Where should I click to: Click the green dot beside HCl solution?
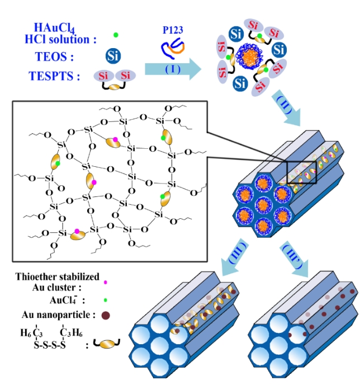[115, 35]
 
